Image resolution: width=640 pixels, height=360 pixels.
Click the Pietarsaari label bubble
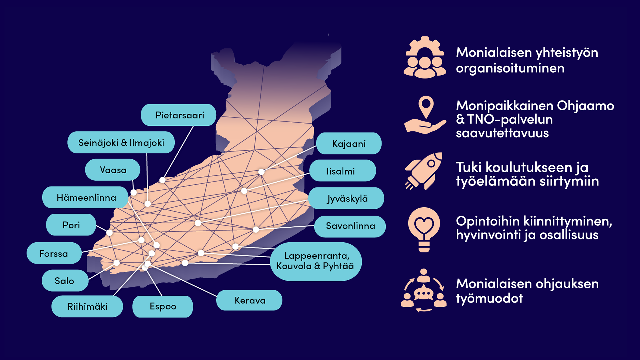(x=179, y=115)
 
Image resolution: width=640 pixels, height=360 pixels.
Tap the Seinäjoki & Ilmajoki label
(x=121, y=142)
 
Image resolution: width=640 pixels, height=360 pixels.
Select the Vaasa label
(x=113, y=170)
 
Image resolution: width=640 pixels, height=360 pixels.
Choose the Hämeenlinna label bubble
(x=86, y=197)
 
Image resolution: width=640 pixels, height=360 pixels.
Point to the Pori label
(x=71, y=225)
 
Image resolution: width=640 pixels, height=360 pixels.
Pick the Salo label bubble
(x=65, y=280)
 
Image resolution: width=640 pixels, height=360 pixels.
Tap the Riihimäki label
(x=87, y=306)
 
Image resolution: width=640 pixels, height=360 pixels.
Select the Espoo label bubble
(x=163, y=306)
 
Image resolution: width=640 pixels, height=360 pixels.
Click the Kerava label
(x=249, y=300)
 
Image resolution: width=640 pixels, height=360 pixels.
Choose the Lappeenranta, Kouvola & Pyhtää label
(x=316, y=261)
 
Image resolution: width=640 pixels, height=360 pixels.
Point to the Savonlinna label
(x=350, y=226)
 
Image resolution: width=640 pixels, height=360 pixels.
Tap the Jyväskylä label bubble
(x=346, y=198)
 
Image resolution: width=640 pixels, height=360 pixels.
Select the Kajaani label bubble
(x=349, y=143)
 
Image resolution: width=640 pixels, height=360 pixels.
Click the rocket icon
(x=424, y=171)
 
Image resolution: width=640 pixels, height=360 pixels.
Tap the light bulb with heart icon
(x=424, y=230)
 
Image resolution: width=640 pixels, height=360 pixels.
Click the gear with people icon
(x=424, y=57)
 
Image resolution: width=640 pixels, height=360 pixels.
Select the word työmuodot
(x=489, y=298)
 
